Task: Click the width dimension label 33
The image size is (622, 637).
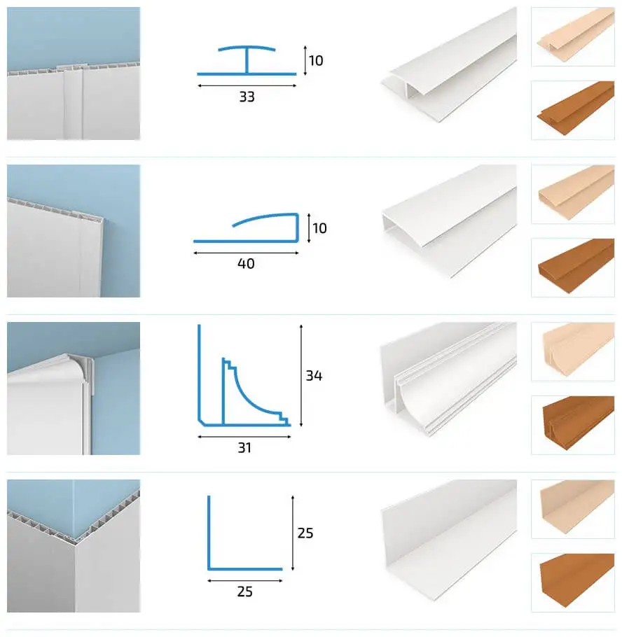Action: point(247,97)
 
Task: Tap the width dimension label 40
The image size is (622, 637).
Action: point(246,264)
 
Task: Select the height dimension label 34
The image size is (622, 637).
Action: point(314,375)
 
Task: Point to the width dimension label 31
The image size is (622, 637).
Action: point(244,448)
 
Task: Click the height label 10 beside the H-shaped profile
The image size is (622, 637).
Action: point(316,61)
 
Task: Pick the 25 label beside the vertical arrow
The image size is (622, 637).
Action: point(305,533)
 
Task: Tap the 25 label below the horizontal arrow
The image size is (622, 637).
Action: point(244,592)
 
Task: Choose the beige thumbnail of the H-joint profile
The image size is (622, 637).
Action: point(572,36)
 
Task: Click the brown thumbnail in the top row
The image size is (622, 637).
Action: point(572,109)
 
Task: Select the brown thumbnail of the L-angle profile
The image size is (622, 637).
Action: point(572,582)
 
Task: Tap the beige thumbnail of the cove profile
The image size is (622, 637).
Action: point(572,351)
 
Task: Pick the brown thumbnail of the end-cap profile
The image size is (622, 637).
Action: point(572,267)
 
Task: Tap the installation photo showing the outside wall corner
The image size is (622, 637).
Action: point(74,545)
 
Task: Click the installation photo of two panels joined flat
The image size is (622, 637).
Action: point(74,73)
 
